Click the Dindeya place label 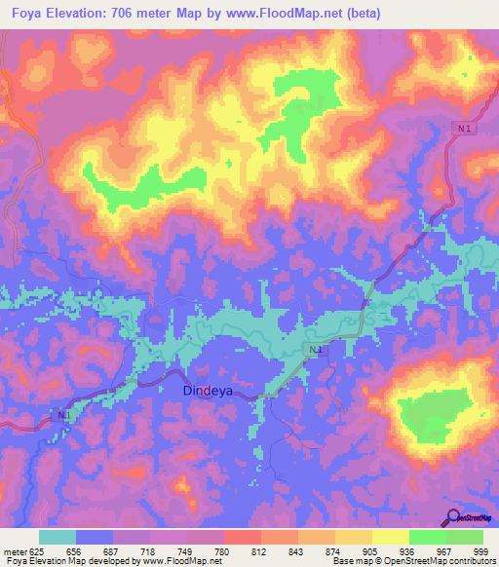pos(212,391)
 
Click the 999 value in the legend pos(480,550)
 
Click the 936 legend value pos(407,550)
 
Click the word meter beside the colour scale pos(14,550)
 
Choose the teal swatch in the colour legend pos(58,537)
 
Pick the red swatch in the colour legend pos(243,537)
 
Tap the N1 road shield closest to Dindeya pos(312,350)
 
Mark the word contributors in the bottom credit pos(467,561)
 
